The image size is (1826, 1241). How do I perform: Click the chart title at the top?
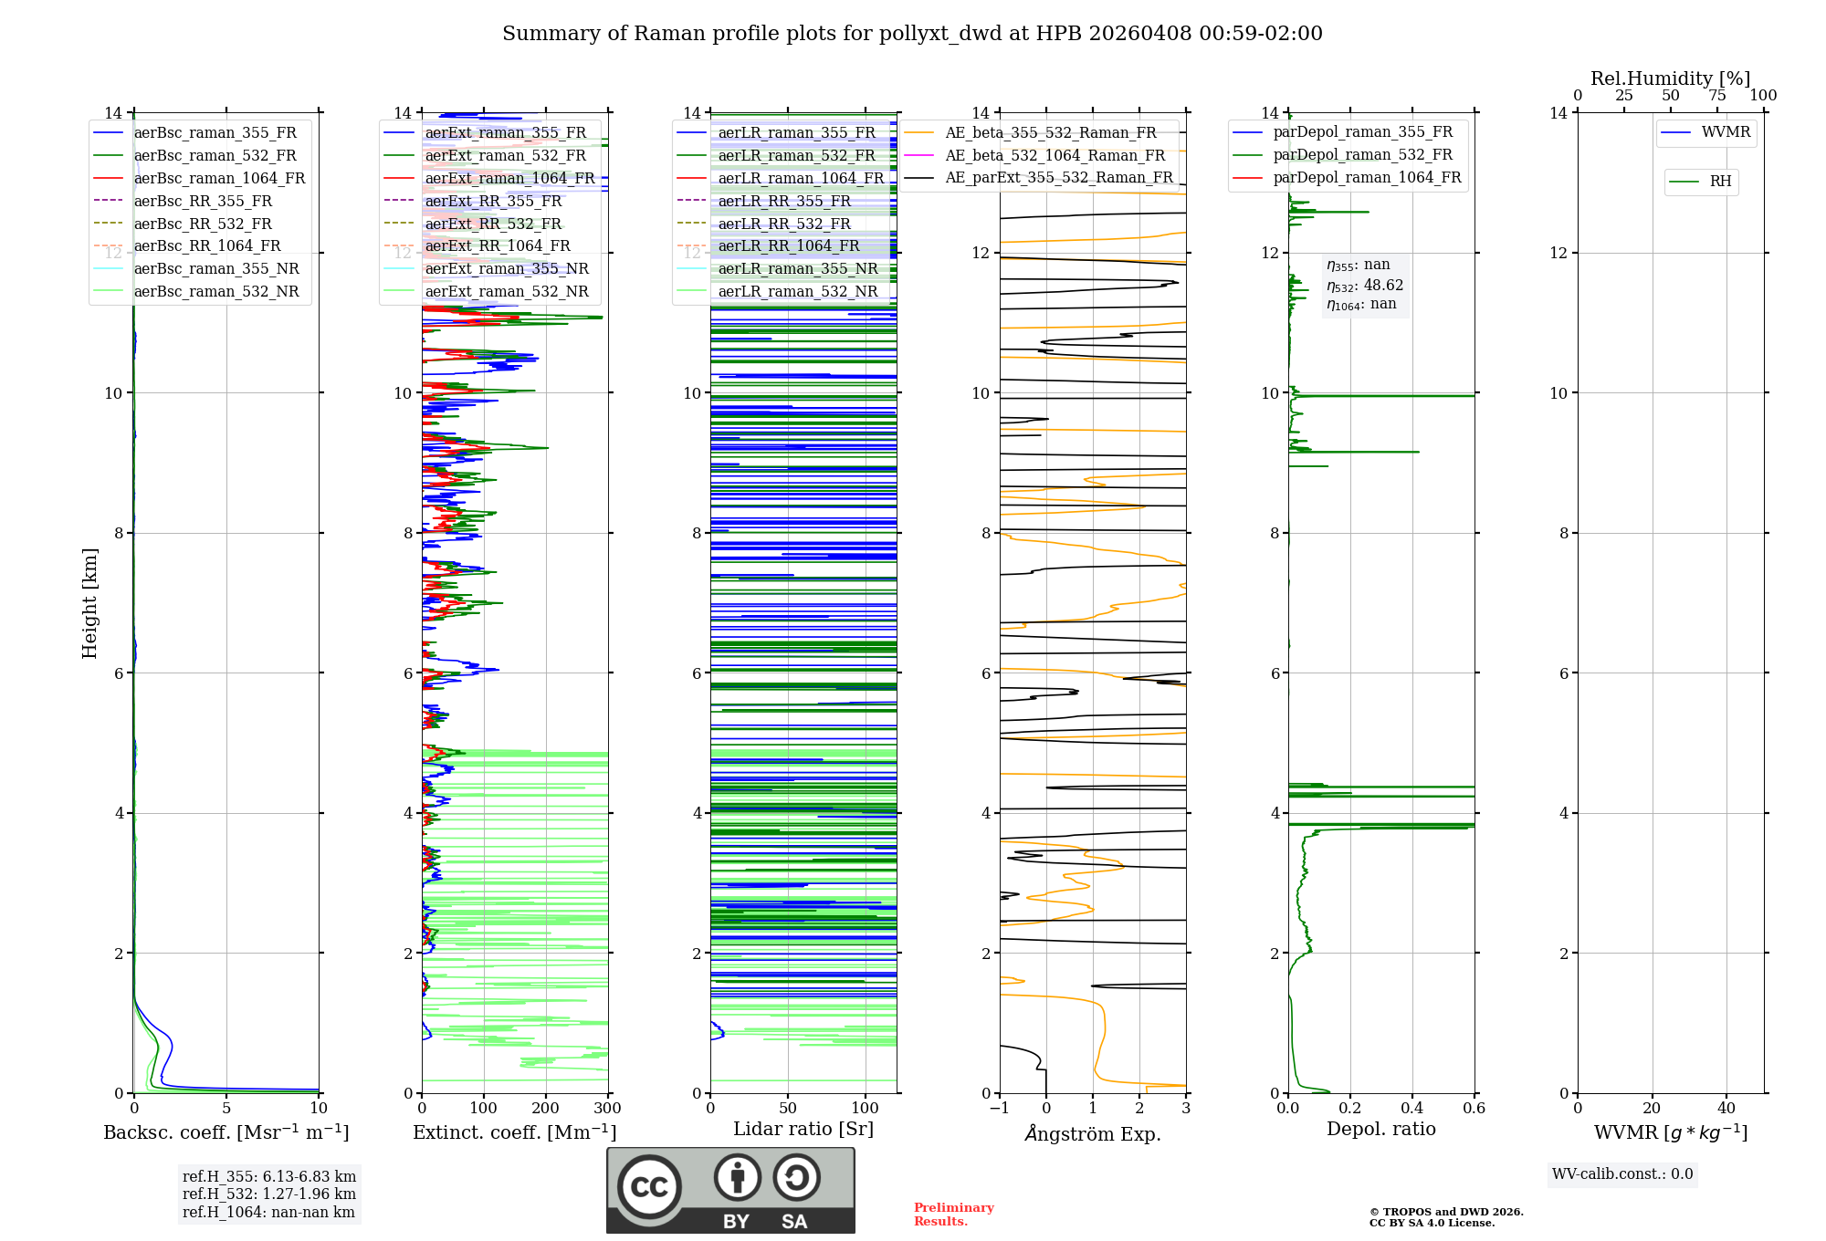point(912,34)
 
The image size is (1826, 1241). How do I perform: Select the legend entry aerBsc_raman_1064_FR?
point(219,179)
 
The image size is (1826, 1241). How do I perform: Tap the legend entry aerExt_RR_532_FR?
point(493,224)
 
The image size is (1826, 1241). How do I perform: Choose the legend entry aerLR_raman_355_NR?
point(797,269)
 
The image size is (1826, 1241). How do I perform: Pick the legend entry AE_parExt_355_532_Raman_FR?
point(1058,178)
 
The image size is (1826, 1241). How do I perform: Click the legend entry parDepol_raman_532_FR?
point(1362,155)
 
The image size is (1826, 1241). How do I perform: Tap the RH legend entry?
point(1720,182)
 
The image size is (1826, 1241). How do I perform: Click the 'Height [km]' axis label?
point(89,603)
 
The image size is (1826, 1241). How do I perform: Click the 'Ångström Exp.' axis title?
point(1093,1134)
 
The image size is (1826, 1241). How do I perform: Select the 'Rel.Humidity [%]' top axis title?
point(1670,78)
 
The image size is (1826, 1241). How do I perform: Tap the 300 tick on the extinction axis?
point(607,1109)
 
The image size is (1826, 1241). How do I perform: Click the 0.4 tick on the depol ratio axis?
point(1412,1109)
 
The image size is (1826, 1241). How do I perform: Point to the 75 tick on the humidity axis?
point(1717,96)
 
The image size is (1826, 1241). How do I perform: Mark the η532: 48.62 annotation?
point(1365,285)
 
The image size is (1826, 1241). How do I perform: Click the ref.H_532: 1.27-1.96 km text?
point(269,1194)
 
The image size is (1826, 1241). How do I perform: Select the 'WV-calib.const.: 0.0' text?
point(1622,1174)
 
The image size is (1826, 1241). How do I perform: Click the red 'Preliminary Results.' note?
point(953,1215)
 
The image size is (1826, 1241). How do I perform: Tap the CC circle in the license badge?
point(649,1187)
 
